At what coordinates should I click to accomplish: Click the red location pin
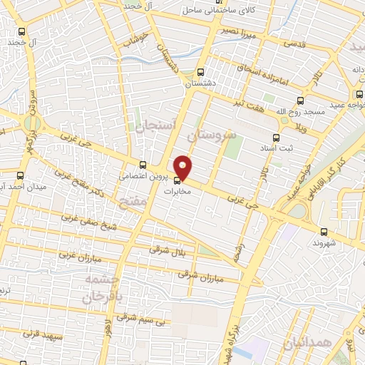pyautogui.click(x=184, y=166)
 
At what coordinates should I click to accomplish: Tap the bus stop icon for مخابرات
pyautogui.click(x=178, y=180)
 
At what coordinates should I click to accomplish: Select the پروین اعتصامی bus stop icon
pyautogui.click(x=143, y=164)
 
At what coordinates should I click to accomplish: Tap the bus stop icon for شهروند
pyautogui.click(x=324, y=231)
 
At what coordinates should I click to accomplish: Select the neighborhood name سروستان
pyautogui.click(x=210, y=133)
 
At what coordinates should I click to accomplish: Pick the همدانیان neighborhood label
pyautogui.click(x=309, y=345)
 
